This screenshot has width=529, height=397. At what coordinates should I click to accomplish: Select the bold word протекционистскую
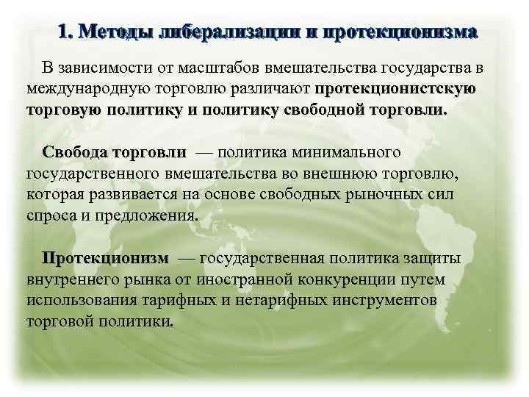tap(395, 90)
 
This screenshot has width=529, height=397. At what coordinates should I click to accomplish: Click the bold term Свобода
tap(75, 153)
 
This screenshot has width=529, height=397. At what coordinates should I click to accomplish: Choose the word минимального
tap(347, 153)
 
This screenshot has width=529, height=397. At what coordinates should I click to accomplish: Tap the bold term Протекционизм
tap(105, 259)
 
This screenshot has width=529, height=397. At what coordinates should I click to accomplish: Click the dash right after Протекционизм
tap(186, 259)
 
